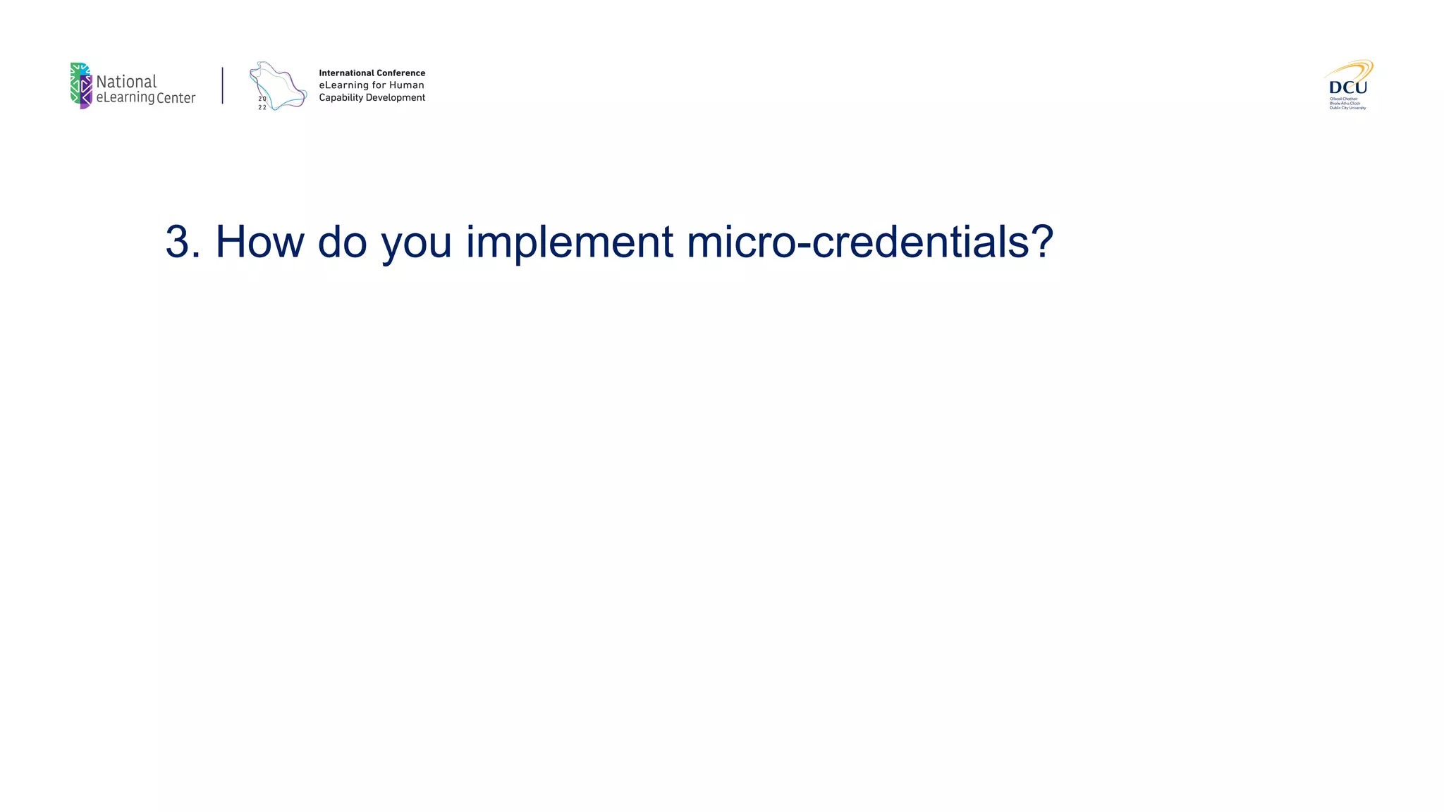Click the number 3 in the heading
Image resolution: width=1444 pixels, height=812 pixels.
pos(178,242)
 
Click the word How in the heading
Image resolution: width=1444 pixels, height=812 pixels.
pos(259,242)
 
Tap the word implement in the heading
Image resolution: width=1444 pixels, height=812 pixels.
pos(569,242)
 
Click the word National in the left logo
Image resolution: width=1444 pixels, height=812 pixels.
pos(126,82)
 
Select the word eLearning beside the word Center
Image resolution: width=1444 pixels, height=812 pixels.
pos(125,98)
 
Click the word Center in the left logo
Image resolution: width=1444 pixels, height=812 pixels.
pos(176,98)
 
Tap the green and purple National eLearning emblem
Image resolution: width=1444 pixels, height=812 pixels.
pos(81,86)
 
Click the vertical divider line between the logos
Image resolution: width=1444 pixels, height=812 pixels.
pos(223,86)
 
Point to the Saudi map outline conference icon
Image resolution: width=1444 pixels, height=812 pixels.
pos(278,86)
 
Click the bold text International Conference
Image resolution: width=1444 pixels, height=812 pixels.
pos(372,73)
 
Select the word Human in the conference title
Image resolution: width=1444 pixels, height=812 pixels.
pos(407,85)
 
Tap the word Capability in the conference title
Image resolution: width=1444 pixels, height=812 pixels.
pos(341,98)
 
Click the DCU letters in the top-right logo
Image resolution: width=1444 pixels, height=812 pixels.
pos(1347,87)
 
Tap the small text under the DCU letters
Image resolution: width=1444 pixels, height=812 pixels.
pos(1347,104)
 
